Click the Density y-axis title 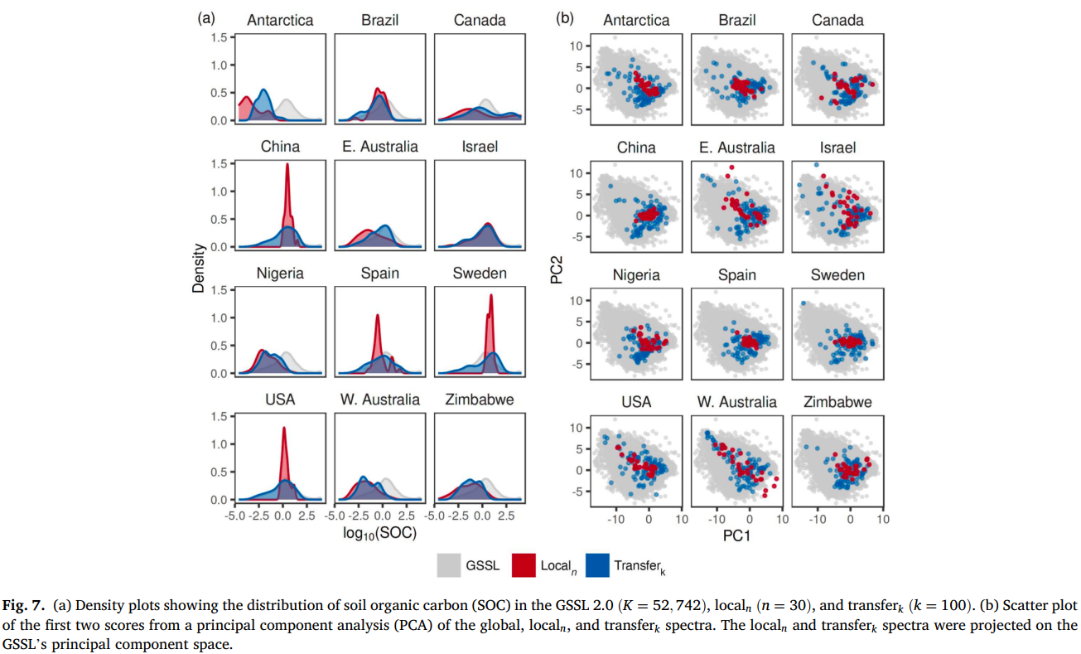[x=199, y=267]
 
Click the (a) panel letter [x=206, y=17]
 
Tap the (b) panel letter [x=564, y=17]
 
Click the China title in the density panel [x=280, y=147]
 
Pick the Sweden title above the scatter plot [x=837, y=275]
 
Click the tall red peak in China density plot [x=287, y=166]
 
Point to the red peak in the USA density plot [x=283, y=429]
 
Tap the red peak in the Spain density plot [x=378, y=317]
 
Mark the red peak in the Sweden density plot [x=491, y=297]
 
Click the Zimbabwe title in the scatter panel [x=837, y=402]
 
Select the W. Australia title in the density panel [x=379, y=400]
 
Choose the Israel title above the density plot [x=480, y=147]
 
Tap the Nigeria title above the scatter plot [x=636, y=275]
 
